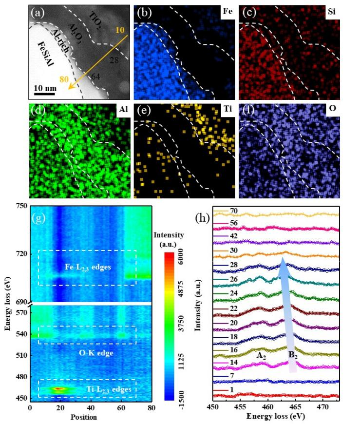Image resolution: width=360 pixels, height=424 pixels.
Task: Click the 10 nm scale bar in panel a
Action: pos(44,93)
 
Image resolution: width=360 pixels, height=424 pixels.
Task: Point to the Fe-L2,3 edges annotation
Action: pos(88,267)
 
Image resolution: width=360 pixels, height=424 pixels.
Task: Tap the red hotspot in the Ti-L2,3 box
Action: pos(59,388)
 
